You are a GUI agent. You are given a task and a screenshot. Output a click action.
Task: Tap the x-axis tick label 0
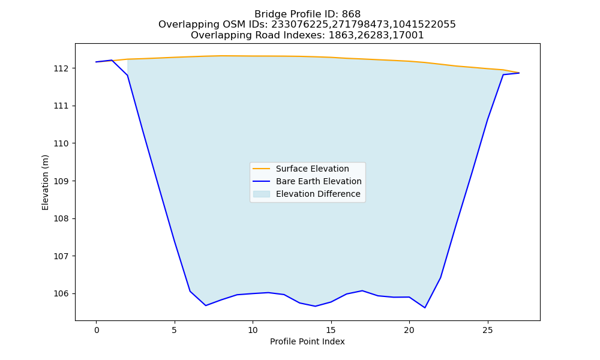coord(97,330)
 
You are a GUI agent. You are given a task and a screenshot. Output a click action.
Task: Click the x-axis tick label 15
coord(331,330)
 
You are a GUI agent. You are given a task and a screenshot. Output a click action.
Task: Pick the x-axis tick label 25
coord(487,330)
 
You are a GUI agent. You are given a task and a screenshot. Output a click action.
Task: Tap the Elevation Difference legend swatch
coord(262,194)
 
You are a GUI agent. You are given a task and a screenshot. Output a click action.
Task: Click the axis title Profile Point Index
coord(307,341)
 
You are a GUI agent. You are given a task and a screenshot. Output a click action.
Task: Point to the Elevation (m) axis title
coord(45,182)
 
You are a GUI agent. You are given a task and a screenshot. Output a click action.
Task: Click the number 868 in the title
coord(351,14)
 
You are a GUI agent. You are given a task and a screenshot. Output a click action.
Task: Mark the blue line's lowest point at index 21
coord(425,308)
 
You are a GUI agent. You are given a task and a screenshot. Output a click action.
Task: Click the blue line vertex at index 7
coord(206,305)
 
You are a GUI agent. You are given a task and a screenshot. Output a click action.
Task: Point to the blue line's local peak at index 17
coord(362,291)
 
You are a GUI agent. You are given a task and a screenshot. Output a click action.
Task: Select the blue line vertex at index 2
coord(127,76)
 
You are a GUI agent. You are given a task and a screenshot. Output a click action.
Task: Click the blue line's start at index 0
coord(96,62)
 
